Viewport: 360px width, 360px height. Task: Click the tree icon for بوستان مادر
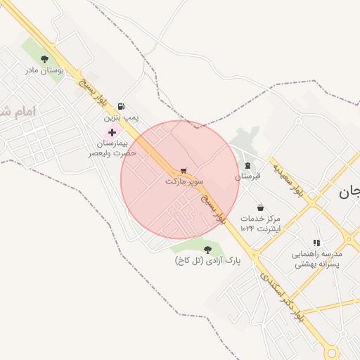pyautogui.click(x=45, y=60)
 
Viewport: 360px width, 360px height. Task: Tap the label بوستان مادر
pyautogui.click(x=45, y=70)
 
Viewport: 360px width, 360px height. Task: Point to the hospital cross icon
pyautogui.click(x=112, y=132)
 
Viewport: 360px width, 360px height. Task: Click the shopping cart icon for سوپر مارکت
pyautogui.click(x=184, y=171)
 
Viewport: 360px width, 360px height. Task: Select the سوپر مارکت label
pyautogui.click(x=184, y=181)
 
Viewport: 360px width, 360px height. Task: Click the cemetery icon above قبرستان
pyautogui.click(x=247, y=166)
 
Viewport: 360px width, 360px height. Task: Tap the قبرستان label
pyautogui.click(x=247, y=176)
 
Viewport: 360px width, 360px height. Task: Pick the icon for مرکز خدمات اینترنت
pyautogui.click(x=261, y=208)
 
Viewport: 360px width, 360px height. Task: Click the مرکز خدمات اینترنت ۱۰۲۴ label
pyautogui.click(x=260, y=224)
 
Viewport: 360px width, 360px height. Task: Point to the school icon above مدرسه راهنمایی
pyautogui.click(x=316, y=243)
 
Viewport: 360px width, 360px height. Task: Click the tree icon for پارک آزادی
pyautogui.click(x=207, y=250)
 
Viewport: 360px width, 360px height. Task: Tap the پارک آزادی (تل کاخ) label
pyautogui.click(x=207, y=261)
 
